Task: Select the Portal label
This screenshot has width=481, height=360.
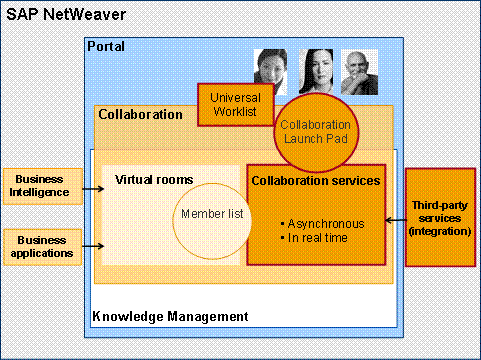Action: tap(105, 47)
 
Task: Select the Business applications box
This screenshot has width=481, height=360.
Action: tap(41, 245)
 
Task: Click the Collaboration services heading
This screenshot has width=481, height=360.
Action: tap(315, 181)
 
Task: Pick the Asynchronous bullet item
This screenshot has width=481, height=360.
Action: tap(322, 224)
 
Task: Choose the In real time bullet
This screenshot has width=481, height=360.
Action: tap(317, 239)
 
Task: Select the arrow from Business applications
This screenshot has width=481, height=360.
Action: tap(91, 245)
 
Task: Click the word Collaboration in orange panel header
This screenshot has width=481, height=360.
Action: tap(140, 114)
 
